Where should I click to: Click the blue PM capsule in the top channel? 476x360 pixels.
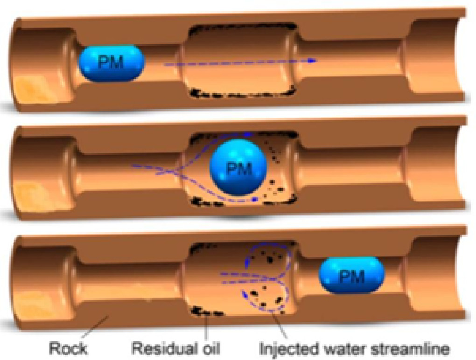pyautogui.click(x=111, y=63)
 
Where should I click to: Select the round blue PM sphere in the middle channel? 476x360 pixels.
pyautogui.click(x=238, y=168)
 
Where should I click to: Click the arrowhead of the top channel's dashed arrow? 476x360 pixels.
pyautogui.click(x=314, y=61)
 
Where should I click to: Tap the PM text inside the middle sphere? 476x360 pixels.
pyautogui.click(x=238, y=168)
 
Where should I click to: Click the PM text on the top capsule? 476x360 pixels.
pyautogui.click(x=111, y=62)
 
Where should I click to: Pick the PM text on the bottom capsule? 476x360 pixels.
pyautogui.click(x=351, y=277)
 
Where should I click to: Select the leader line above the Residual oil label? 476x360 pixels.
pyautogui.click(x=206, y=329)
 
